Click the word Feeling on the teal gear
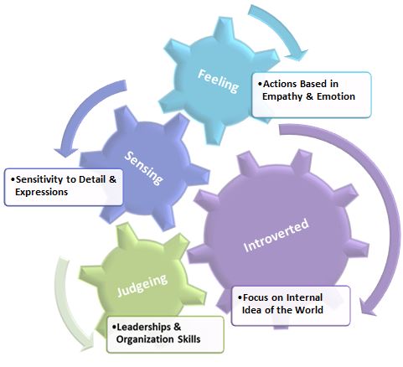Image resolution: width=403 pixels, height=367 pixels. [x=218, y=80]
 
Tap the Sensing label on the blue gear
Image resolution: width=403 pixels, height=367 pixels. [x=143, y=168]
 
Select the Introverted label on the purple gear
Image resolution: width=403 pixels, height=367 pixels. [x=276, y=235]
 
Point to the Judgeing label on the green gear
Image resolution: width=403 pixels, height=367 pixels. [x=142, y=285]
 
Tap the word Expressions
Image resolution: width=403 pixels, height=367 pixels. [x=41, y=192]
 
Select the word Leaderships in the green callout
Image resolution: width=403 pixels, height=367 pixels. [x=142, y=327]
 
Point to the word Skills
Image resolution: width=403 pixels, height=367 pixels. [x=189, y=339]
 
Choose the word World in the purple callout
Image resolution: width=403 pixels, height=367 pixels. [x=309, y=310]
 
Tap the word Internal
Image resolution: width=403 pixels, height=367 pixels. [x=304, y=297]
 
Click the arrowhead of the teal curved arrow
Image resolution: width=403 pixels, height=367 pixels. [x=297, y=54]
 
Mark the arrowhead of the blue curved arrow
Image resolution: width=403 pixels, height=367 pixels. [x=66, y=152]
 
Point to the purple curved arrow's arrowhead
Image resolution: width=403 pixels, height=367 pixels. [x=368, y=308]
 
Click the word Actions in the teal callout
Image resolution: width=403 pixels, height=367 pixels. [x=281, y=84]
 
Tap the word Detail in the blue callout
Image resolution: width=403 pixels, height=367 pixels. [x=92, y=179]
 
